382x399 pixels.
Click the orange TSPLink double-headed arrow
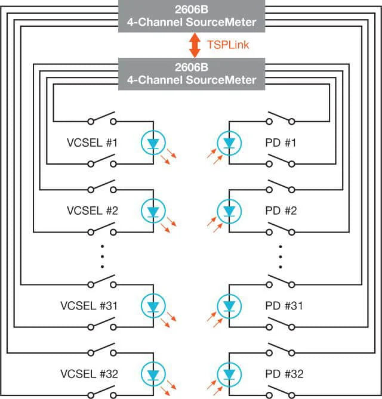(x=195, y=45)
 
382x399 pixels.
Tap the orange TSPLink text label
(x=224, y=44)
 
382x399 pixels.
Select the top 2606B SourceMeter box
(x=192, y=17)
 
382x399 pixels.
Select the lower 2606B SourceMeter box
(x=192, y=75)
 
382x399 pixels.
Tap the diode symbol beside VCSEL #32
(x=153, y=374)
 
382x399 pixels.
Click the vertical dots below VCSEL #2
(x=102, y=257)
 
